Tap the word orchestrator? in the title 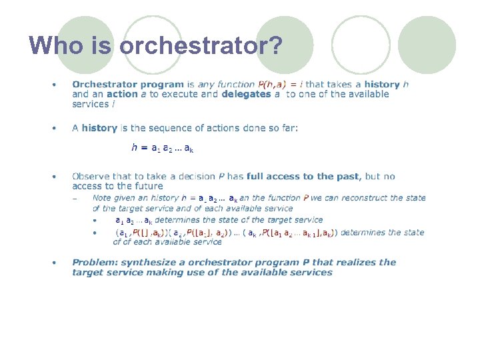click(201, 45)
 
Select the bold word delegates click(245, 95)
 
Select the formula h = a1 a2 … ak click(163, 148)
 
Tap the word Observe click(92, 177)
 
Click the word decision click(196, 177)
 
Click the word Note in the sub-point click(102, 198)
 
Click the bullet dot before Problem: click(55, 263)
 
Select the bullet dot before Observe click(55, 177)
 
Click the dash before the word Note click(76, 198)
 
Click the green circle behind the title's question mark click(285, 45)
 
